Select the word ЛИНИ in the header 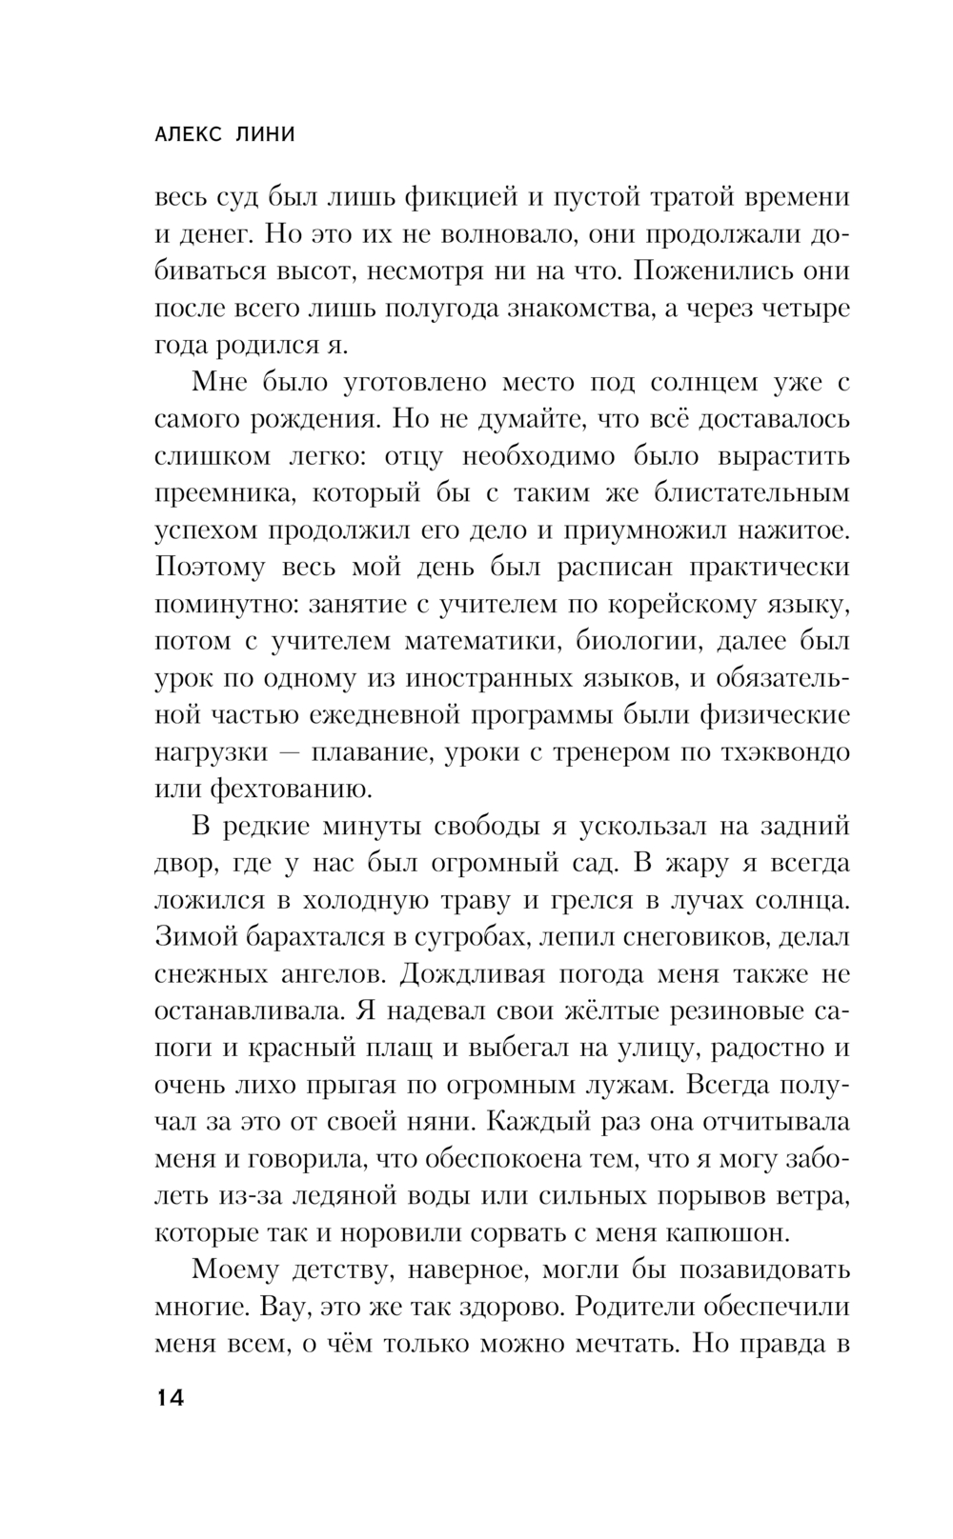[x=266, y=135]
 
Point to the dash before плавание [x=292, y=752]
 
